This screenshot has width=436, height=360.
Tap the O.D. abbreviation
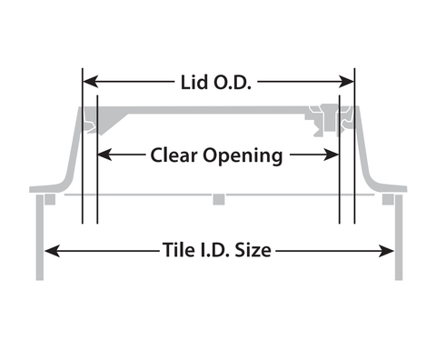point(233,83)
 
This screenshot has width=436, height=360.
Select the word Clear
point(173,155)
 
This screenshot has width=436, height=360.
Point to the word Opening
point(243,156)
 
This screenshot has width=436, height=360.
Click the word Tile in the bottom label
point(176,250)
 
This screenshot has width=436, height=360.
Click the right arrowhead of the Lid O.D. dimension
point(346,82)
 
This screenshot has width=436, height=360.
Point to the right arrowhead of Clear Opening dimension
point(332,155)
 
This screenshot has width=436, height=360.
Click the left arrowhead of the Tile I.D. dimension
point(52,251)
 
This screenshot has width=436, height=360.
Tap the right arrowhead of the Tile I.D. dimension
point(386,251)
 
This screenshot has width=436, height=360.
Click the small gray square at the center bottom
point(219,199)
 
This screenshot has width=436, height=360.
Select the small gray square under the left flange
point(50,199)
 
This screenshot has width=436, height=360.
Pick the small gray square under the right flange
point(388,199)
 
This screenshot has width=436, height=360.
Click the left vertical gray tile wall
point(40,237)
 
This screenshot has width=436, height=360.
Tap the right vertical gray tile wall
point(399,237)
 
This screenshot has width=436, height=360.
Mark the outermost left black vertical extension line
point(83,146)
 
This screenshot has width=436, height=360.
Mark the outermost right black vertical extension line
point(354,146)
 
